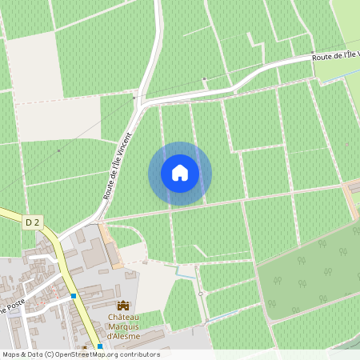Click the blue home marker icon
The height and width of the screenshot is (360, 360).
(180, 173)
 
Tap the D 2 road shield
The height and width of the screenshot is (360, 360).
(30, 221)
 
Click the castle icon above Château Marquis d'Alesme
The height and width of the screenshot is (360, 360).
(123, 305)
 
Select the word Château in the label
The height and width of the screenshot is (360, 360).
(125, 316)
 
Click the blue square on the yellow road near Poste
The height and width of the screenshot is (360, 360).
(74, 296)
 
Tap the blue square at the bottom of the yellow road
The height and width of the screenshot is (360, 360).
(100, 346)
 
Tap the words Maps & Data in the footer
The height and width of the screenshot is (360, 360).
(21, 354)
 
